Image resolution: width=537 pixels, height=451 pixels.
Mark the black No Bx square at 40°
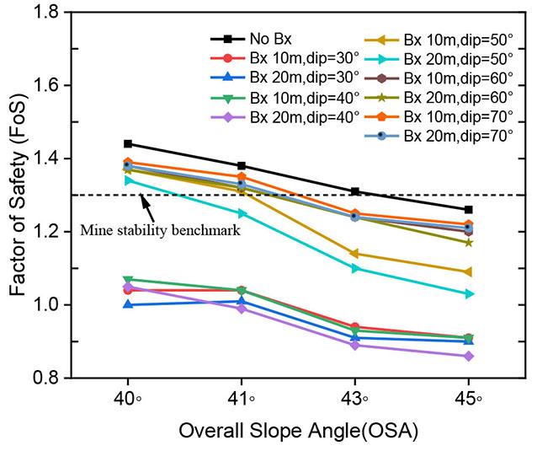(x=127, y=143)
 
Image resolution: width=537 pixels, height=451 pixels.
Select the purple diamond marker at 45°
(x=469, y=356)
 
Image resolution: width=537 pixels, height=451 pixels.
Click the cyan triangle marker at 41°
(x=242, y=213)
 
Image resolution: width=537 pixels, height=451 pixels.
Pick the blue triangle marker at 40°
(x=127, y=304)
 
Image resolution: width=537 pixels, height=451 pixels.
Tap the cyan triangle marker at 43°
(x=355, y=268)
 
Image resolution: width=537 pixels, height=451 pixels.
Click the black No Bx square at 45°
(x=469, y=209)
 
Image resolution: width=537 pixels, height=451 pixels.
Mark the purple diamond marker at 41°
(x=242, y=309)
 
